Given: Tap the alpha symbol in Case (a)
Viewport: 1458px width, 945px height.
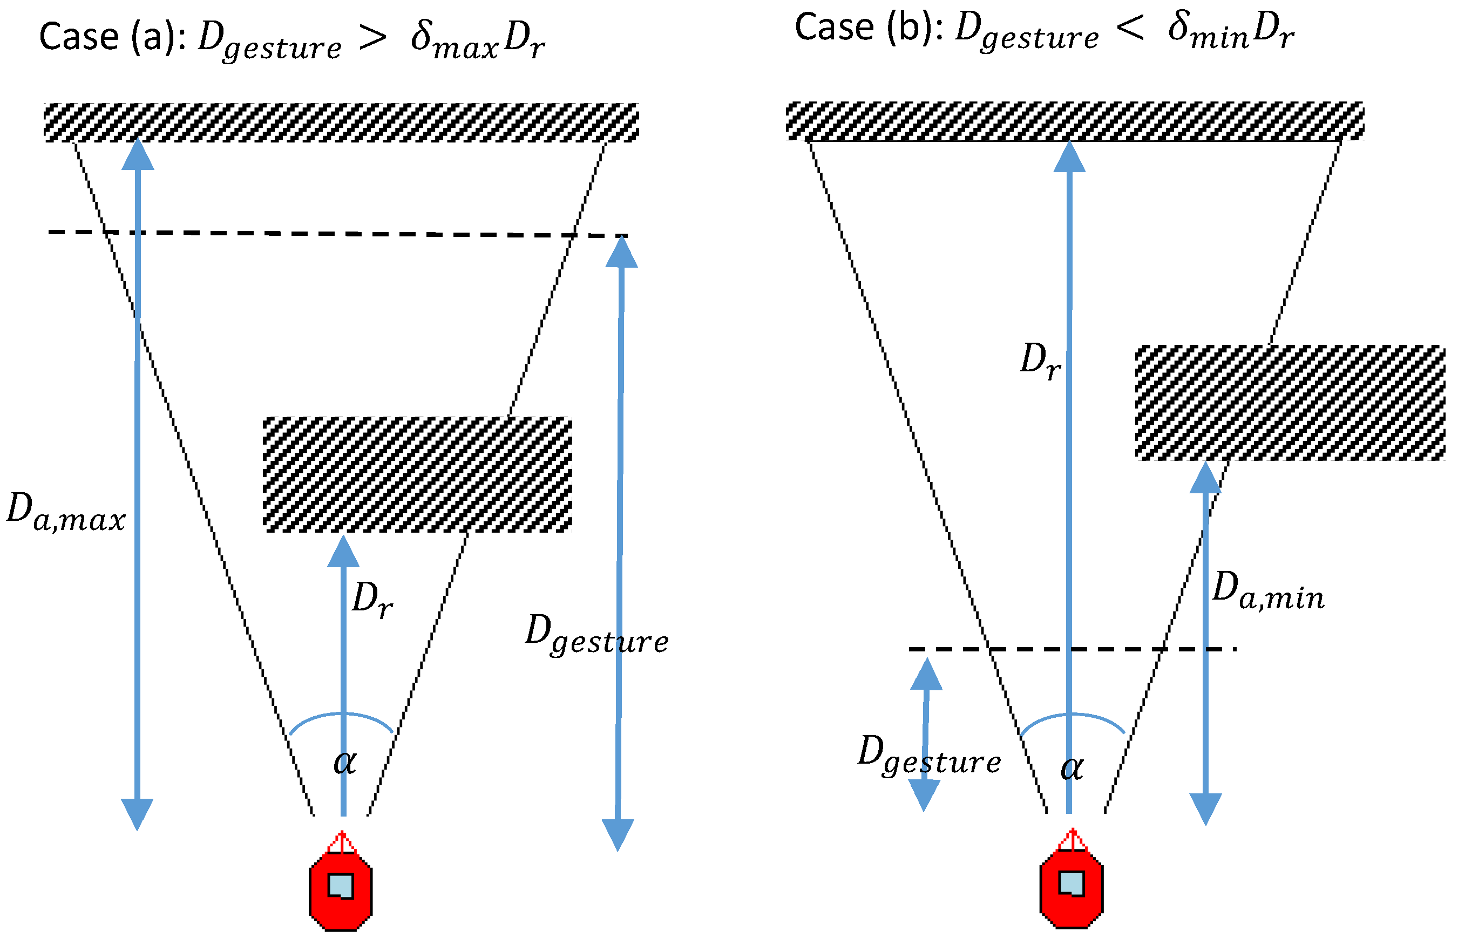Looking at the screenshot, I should [x=345, y=763].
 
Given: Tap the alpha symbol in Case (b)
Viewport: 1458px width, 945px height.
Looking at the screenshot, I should [x=1072, y=769].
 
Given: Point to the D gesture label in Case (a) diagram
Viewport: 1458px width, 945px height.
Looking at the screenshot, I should [x=596, y=636].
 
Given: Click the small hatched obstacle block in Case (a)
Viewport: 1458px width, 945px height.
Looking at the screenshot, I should [x=417, y=474].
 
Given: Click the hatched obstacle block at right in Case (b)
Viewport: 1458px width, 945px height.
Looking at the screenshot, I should [x=1290, y=403].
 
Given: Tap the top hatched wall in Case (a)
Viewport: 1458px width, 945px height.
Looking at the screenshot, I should [x=341, y=123].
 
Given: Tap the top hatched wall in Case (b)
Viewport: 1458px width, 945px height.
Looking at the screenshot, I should [x=1075, y=121].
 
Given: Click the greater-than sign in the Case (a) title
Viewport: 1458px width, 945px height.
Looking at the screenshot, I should [x=372, y=38].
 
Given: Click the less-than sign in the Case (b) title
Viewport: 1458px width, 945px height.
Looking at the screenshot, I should [x=1130, y=28].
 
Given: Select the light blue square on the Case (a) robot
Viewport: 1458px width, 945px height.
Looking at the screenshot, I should [x=341, y=886].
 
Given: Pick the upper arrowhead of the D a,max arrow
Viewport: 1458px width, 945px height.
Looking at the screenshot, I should [x=138, y=155].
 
